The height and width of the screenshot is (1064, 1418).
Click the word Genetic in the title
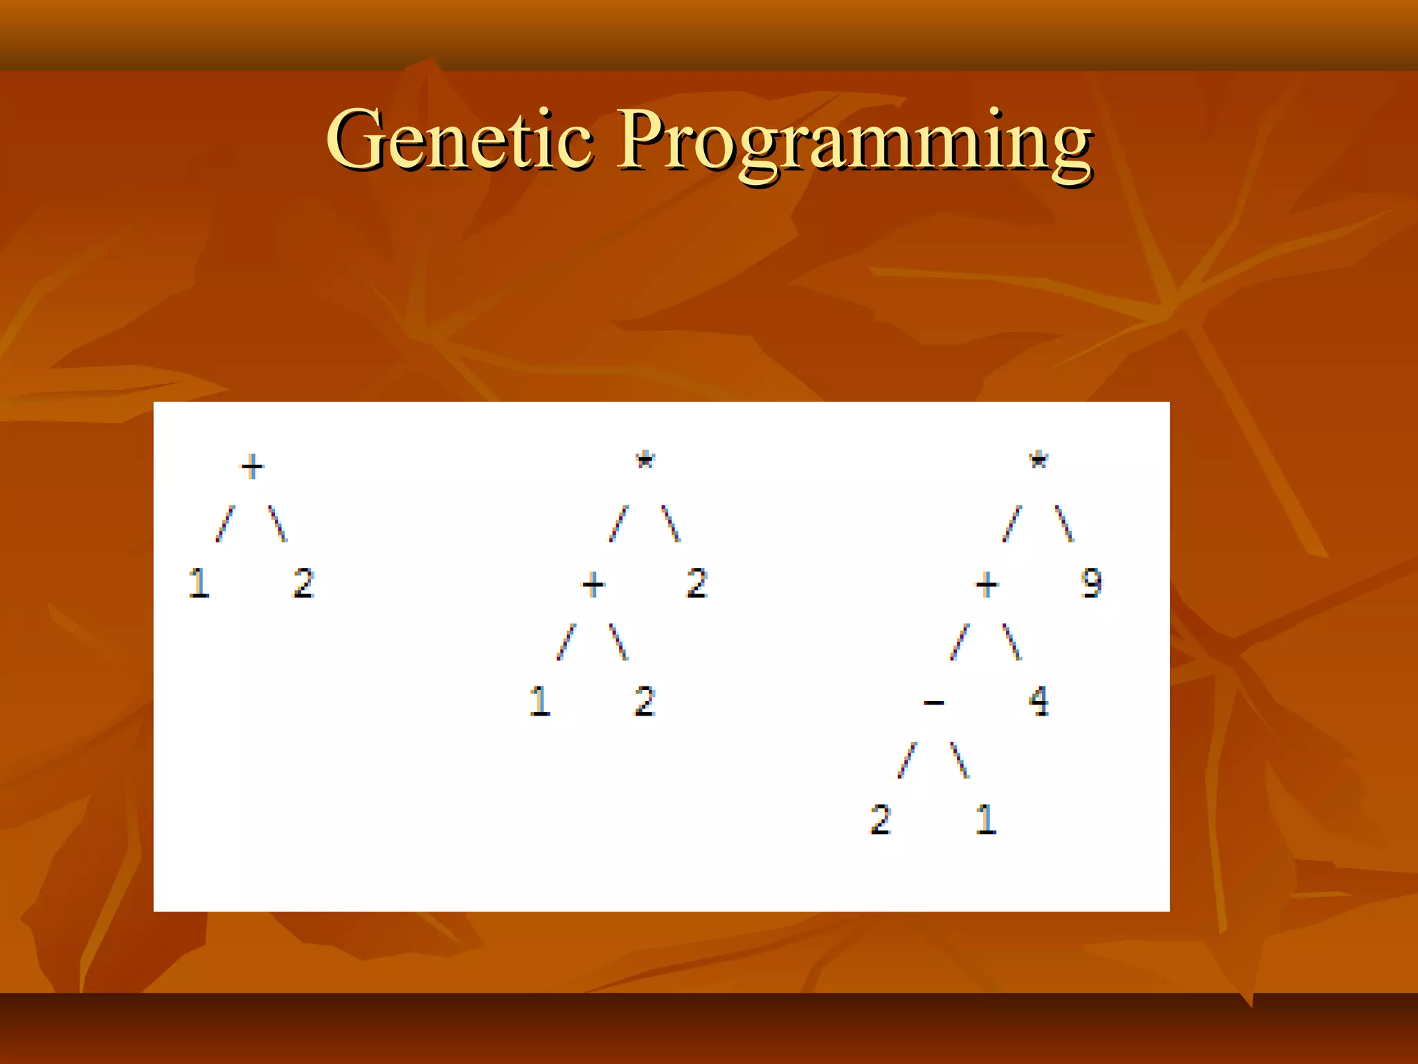click(x=459, y=140)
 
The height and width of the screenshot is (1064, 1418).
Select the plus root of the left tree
click(x=252, y=466)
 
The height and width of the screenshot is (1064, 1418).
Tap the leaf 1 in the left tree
click(x=199, y=583)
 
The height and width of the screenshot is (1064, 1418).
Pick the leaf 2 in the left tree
click(x=304, y=583)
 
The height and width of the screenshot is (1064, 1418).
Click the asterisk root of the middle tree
click(x=645, y=461)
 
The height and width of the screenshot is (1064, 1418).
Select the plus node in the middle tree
click(x=593, y=585)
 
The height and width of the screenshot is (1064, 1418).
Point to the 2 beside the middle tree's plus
click(x=697, y=583)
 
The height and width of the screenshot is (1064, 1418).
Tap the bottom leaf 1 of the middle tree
click(x=540, y=701)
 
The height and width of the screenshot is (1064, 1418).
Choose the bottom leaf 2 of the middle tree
click(x=645, y=701)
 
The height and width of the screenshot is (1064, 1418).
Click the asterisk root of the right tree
click(x=1039, y=461)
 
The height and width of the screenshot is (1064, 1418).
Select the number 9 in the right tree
click(x=1091, y=583)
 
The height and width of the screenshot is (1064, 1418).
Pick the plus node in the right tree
click(x=987, y=585)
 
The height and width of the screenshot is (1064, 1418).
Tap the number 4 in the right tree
click(x=1039, y=701)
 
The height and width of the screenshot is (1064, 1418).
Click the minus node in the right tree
click(x=933, y=703)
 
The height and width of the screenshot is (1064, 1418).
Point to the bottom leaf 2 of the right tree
click(x=881, y=819)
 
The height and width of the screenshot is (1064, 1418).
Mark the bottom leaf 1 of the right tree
click(x=986, y=819)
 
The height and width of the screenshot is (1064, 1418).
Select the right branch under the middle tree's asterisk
click(x=671, y=524)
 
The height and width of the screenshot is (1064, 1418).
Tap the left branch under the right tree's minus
click(x=907, y=760)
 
